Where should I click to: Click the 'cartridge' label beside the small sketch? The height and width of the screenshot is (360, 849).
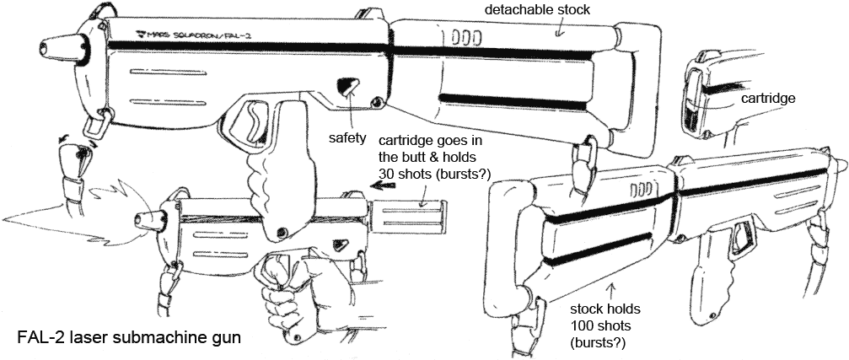click(x=768, y=99)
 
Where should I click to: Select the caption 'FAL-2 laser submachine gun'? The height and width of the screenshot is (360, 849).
click(x=130, y=337)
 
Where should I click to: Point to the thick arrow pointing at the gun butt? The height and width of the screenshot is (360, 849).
click(x=384, y=204)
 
